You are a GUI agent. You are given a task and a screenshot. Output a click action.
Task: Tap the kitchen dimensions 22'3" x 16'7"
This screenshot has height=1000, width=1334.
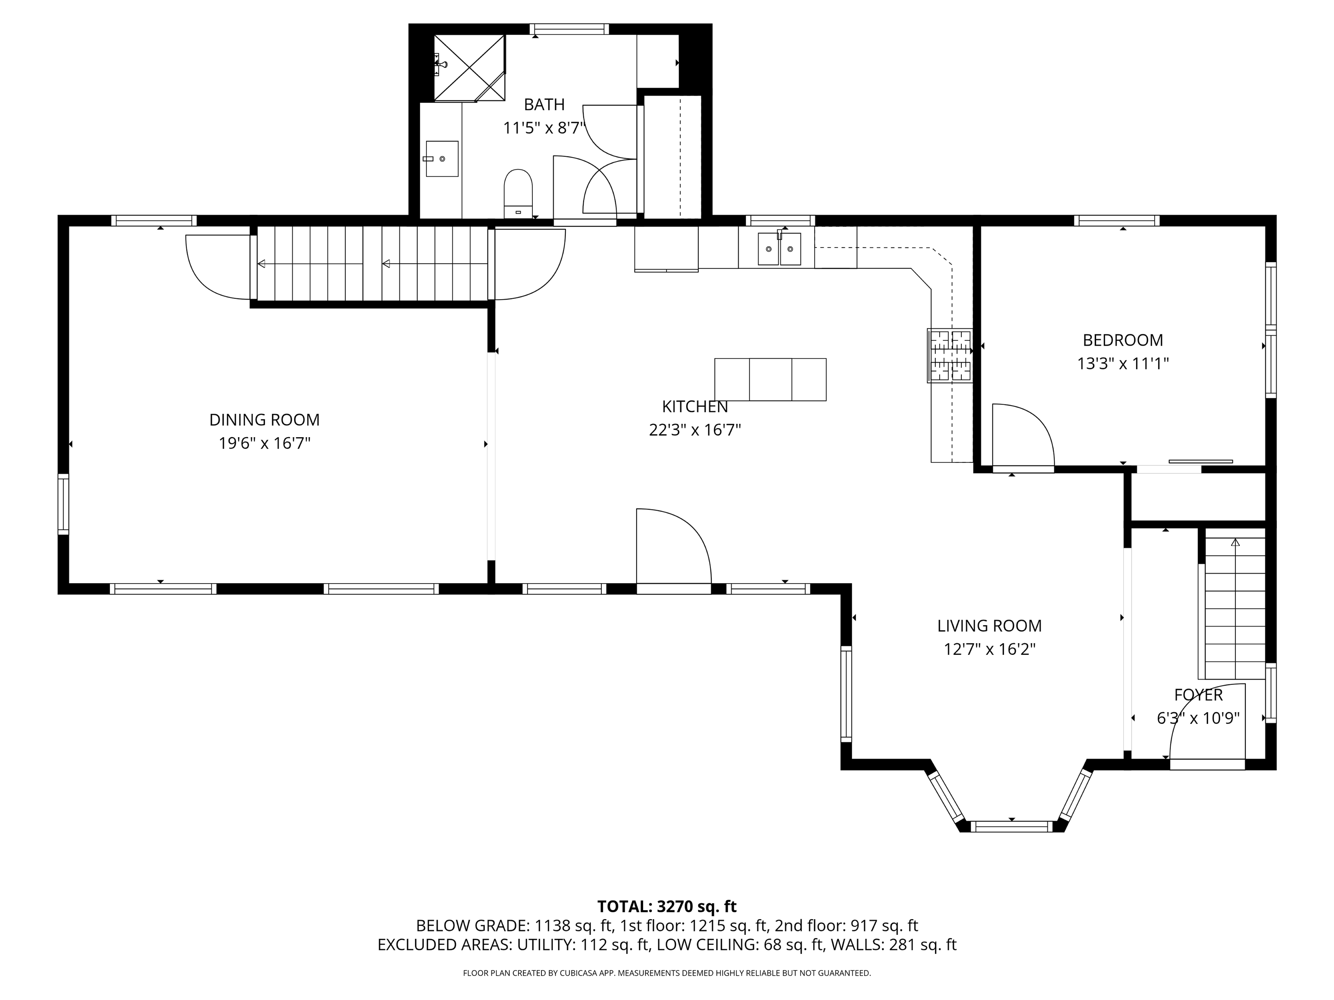coord(695,430)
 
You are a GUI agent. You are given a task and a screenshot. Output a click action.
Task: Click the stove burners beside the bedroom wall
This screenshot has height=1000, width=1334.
coord(950,356)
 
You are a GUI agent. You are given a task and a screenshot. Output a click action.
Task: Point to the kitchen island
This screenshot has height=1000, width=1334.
coord(770,380)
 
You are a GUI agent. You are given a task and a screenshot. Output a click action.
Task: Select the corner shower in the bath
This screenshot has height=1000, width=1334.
coord(469,68)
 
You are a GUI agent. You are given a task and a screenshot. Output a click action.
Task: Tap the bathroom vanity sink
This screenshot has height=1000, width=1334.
coord(442,158)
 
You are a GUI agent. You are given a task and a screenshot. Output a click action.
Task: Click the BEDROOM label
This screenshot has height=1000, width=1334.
coord(1123,340)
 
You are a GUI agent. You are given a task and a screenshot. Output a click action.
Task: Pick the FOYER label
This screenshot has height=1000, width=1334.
coord(1198,695)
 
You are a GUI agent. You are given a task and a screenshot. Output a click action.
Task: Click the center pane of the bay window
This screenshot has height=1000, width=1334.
coord(1011,826)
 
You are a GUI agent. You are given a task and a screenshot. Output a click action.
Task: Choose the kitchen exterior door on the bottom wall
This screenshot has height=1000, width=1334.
coord(674,588)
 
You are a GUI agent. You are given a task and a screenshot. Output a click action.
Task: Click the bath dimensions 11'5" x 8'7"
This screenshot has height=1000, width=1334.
coord(544,128)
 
